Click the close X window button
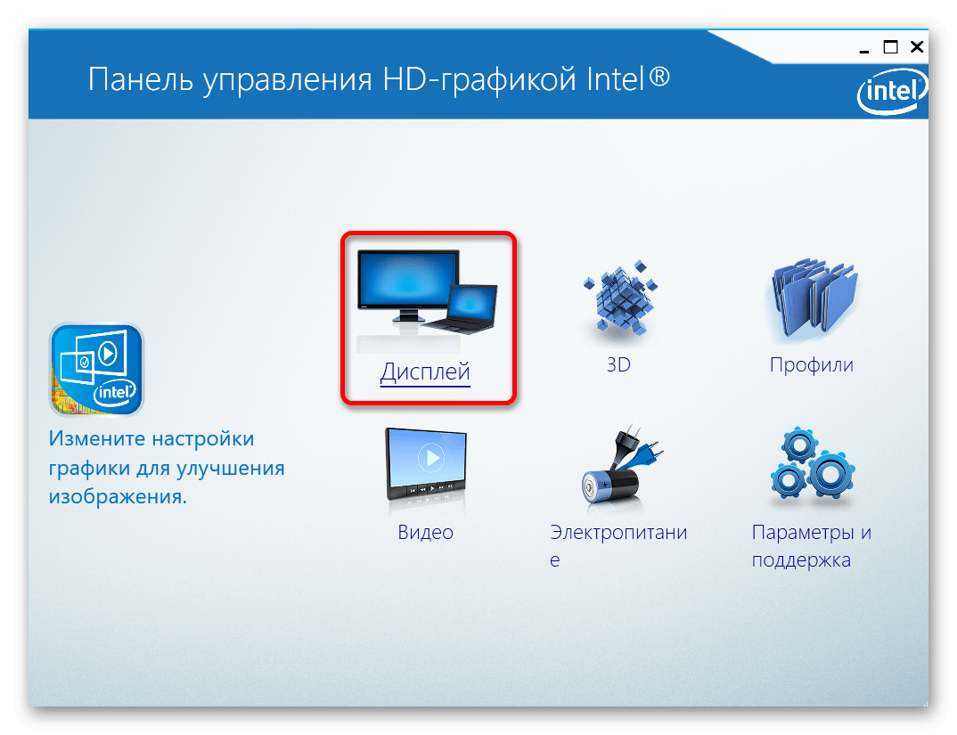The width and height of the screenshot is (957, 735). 917,47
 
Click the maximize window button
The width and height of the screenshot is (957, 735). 890,47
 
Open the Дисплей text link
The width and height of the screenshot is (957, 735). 425,372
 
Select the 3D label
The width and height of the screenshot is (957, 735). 618,364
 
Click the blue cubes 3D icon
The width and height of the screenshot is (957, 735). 620,298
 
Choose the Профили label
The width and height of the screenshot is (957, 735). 811,365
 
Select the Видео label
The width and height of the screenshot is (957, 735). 425,533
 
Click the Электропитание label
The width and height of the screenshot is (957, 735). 618,545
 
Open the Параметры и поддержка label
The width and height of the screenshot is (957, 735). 811,546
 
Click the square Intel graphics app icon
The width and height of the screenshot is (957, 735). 96,370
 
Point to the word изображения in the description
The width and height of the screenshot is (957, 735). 118,497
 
